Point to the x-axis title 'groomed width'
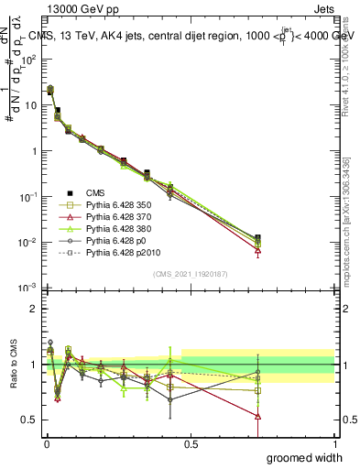point(304,457)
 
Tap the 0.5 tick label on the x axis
point(191,444)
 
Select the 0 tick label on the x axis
point(47,444)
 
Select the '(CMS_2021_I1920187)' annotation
point(190,274)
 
